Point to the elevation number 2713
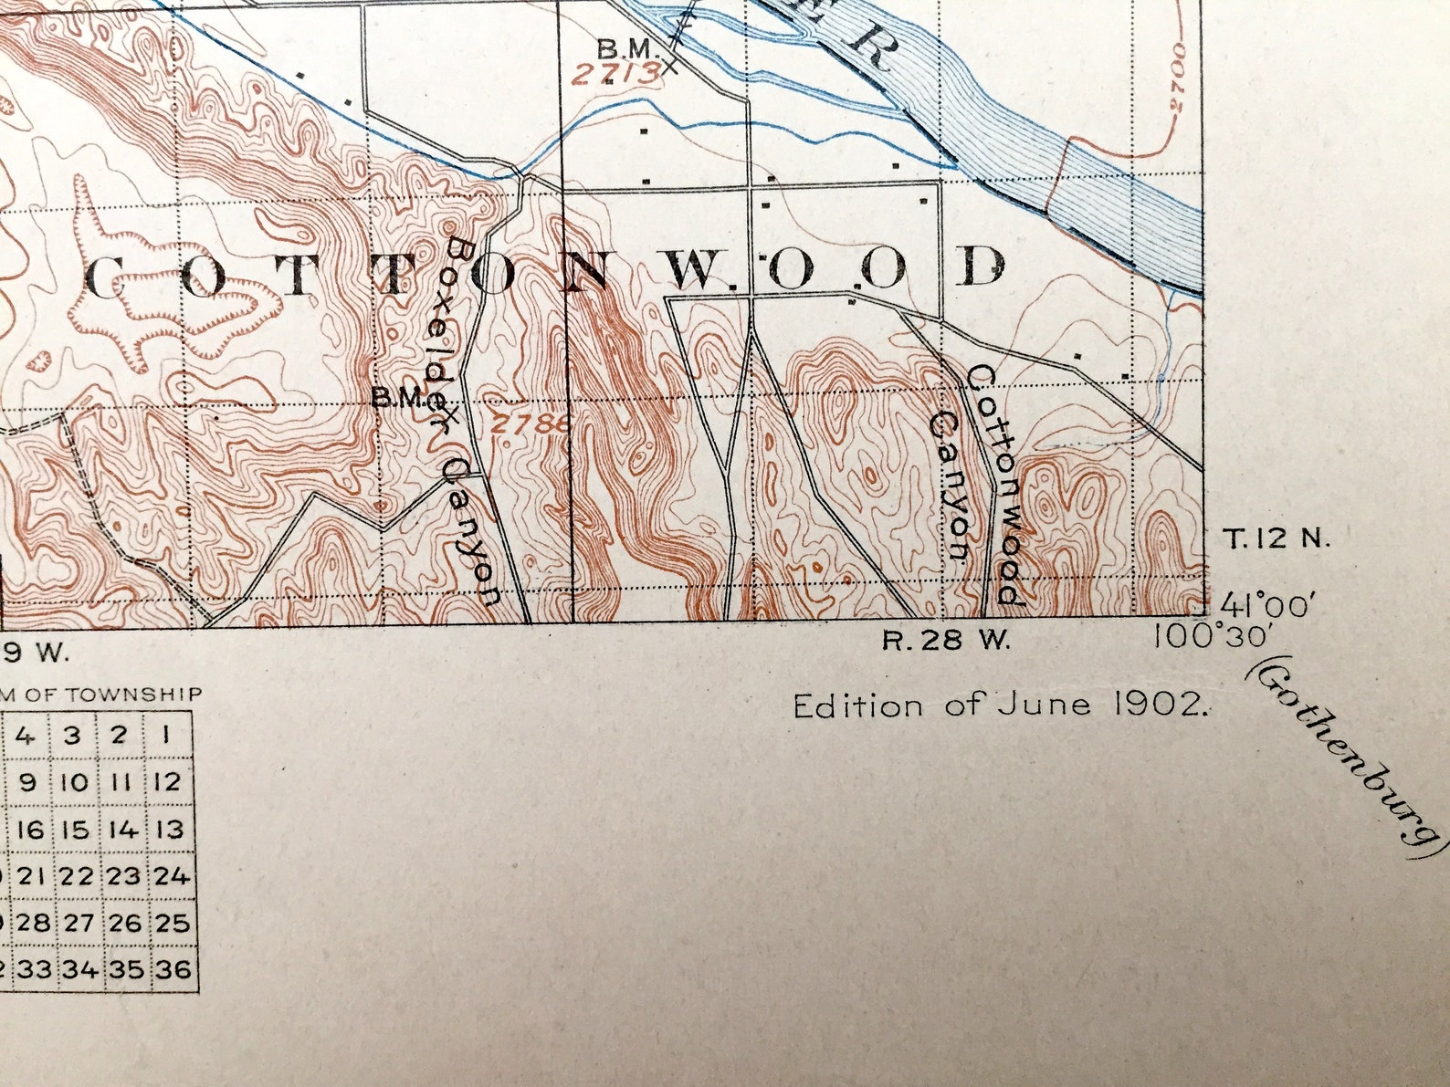[616, 73]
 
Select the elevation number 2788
[529, 423]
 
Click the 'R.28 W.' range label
[947, 641]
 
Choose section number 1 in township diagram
[169, 736]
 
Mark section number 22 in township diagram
[78, 876]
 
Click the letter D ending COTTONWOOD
[983, 267]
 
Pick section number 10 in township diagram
[77, 782]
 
